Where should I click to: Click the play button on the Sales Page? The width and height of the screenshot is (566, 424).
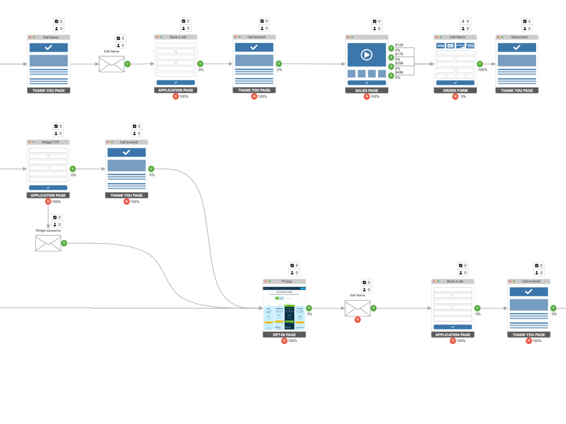click(x=366, y=55)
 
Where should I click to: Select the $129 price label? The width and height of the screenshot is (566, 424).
click(x=399, y=45)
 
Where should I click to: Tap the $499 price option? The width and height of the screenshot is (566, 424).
click(x=399, y=72)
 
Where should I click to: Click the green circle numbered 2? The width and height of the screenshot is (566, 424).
click(x=391, y=57)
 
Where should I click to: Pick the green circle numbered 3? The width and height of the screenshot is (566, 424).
click(x=391, y=66)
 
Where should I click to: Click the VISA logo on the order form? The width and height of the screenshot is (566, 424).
click(x=440, y=46)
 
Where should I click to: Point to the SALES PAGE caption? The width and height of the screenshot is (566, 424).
click(x=366, y=90)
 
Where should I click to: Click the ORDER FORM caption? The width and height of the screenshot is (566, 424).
click(x=455, y=90)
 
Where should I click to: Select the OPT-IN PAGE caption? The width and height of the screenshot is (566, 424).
click(x=284, y=335)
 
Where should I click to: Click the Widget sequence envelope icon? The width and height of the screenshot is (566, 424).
click(x=48, y=243)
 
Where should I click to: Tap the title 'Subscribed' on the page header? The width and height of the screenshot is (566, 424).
click(x=516, y=37)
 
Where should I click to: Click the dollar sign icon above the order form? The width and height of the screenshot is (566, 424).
click(x=463, y=21)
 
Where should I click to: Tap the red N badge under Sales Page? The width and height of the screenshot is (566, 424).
click(x=366, y=97)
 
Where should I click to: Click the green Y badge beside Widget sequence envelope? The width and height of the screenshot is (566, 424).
click(x=64, y=243)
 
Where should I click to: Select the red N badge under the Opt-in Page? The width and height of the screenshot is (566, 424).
click(x=284, y=341)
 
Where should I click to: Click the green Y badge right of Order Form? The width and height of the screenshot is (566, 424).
click(x=480, y=64)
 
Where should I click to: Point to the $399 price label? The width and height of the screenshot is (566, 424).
click(x=399, y=63)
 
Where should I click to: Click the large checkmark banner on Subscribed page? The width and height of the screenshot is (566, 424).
click(x=516, y=47)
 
